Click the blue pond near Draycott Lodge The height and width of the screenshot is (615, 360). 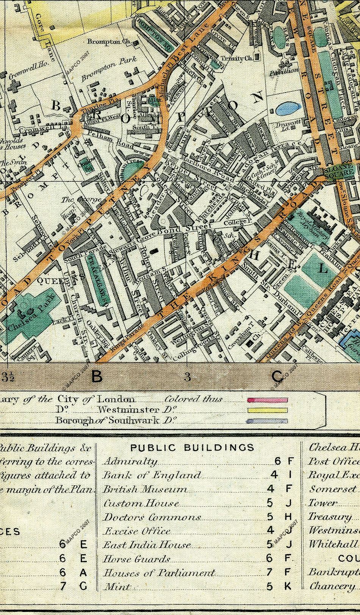[287, 110]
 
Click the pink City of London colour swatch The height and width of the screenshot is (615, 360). [267, 400]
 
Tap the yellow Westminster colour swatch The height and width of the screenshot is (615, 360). [267, 410]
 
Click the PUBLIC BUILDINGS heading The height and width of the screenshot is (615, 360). [192, 447]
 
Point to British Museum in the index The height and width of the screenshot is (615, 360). [146, 489]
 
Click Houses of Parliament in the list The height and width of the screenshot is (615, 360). [160, 573]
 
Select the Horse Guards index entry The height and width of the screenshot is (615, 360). [137, 559]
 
